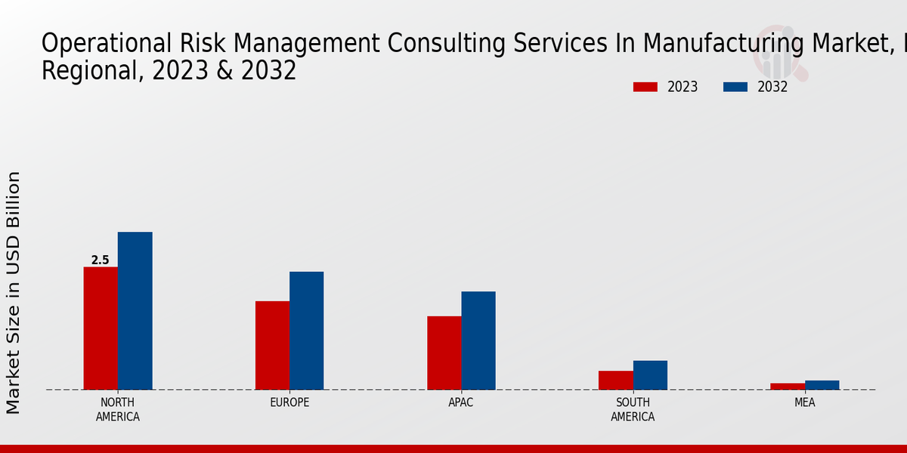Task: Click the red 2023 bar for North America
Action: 101,328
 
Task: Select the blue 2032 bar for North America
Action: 135,311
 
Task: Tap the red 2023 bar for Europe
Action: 272,346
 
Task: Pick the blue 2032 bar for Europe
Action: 306,331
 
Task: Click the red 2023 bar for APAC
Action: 444,353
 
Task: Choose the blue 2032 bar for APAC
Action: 478,341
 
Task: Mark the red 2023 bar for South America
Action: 615,381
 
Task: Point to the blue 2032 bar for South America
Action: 650,375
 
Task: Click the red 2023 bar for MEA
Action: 788,387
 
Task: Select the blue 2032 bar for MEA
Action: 822,385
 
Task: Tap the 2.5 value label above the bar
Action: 100,260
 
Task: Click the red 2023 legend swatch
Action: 645,87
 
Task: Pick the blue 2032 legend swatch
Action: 735,87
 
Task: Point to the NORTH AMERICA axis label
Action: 117,409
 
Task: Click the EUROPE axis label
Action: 289,402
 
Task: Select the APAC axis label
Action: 461,402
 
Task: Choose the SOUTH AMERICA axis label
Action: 633,409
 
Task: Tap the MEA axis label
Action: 804,402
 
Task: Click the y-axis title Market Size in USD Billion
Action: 14,293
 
